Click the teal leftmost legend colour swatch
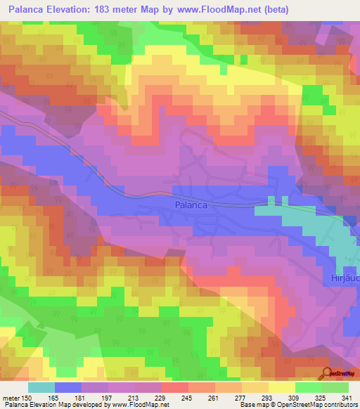(41, 387)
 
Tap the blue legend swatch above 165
(68, 387)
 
